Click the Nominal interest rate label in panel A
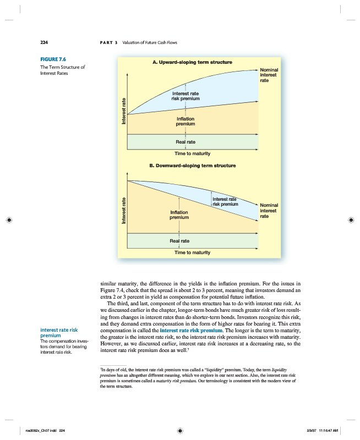269,75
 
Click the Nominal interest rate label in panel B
269,211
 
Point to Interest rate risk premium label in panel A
186,96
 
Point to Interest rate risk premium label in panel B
225,201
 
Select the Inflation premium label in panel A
186,122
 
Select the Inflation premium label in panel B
179,215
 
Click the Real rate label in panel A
186,142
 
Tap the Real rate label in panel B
180,241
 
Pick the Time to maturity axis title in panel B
192,252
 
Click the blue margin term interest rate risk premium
59,333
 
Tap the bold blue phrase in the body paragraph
190,330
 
